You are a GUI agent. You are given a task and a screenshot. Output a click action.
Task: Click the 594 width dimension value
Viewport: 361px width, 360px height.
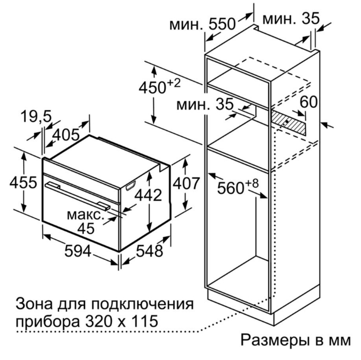pos(78,251)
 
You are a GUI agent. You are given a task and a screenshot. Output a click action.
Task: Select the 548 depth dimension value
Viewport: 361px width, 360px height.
pos(150,251)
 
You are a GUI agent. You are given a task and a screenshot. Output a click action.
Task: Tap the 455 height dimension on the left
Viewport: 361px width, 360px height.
pos(23,182)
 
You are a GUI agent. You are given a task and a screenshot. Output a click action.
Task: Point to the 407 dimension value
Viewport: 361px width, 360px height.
pos(186,183)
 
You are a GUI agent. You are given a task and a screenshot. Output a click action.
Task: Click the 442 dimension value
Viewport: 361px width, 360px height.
pos(148,195)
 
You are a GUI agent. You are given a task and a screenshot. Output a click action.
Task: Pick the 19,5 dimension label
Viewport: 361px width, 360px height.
pos(36,116)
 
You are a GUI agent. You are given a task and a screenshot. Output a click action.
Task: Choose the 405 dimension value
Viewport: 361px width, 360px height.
pos(66,135)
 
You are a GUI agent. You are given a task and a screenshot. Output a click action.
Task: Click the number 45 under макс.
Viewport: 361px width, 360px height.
pos(86,229)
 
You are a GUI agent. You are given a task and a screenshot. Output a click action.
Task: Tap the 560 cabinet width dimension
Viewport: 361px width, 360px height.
pos(231,188)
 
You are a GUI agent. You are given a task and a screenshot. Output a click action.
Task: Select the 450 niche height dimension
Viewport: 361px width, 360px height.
pos(152,88)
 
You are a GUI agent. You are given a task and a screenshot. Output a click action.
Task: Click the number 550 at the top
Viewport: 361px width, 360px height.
pos(222,24)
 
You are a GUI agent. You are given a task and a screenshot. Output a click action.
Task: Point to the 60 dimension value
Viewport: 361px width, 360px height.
pos(309,101)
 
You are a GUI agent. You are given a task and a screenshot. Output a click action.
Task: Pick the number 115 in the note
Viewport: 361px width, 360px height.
pos(145,321)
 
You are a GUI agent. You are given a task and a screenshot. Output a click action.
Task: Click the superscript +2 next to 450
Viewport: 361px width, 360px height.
pos(174,83)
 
